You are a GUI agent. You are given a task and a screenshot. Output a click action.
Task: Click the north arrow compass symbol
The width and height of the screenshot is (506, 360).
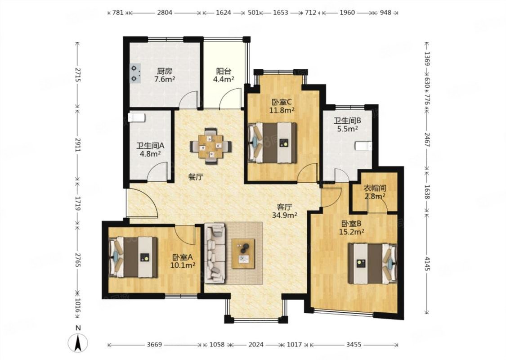click(x=78, y=342)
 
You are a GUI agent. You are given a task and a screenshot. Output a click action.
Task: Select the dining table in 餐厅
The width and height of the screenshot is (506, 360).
click(x=210, y=146)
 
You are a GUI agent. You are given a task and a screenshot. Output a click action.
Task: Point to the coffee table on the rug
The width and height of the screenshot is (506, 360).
click(x=243, y=253)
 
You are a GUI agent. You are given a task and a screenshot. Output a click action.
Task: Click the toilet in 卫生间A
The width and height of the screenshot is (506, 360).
click(x=136, y=117)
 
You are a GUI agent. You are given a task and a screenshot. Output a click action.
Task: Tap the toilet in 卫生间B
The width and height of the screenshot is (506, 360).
click(x=363, y=146)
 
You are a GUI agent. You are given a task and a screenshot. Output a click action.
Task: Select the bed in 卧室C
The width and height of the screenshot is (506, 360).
click(x=272, y=142)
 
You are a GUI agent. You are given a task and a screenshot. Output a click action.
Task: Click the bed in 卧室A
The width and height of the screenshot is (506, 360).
click(x=133, y=257)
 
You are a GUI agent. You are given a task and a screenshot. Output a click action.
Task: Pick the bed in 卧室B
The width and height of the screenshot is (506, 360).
click(x=373, y=263)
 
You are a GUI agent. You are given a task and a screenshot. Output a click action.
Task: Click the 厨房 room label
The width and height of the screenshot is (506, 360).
click(x=165, y=71)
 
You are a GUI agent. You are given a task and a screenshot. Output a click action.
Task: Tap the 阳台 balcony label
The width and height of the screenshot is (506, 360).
click(x=223, y=71)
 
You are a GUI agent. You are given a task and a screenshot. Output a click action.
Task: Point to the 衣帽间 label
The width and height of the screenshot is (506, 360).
click(x=375, y=188)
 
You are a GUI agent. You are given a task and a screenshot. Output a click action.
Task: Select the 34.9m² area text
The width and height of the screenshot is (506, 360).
click(x=285, y=215)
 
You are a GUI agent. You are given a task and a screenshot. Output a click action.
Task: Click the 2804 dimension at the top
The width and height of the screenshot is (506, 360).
click(x=165, y=13)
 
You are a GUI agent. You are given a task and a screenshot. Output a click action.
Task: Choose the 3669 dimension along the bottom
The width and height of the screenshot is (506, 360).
click(x=154, y=345)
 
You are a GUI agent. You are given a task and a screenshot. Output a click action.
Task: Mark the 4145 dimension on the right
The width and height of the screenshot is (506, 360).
click(x=427, y=265)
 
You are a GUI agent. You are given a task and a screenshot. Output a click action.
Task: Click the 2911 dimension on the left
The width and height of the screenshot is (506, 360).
click(x=77, y=145)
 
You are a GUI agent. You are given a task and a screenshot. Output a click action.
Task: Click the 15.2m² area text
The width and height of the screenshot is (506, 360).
click(x=352, y=231)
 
